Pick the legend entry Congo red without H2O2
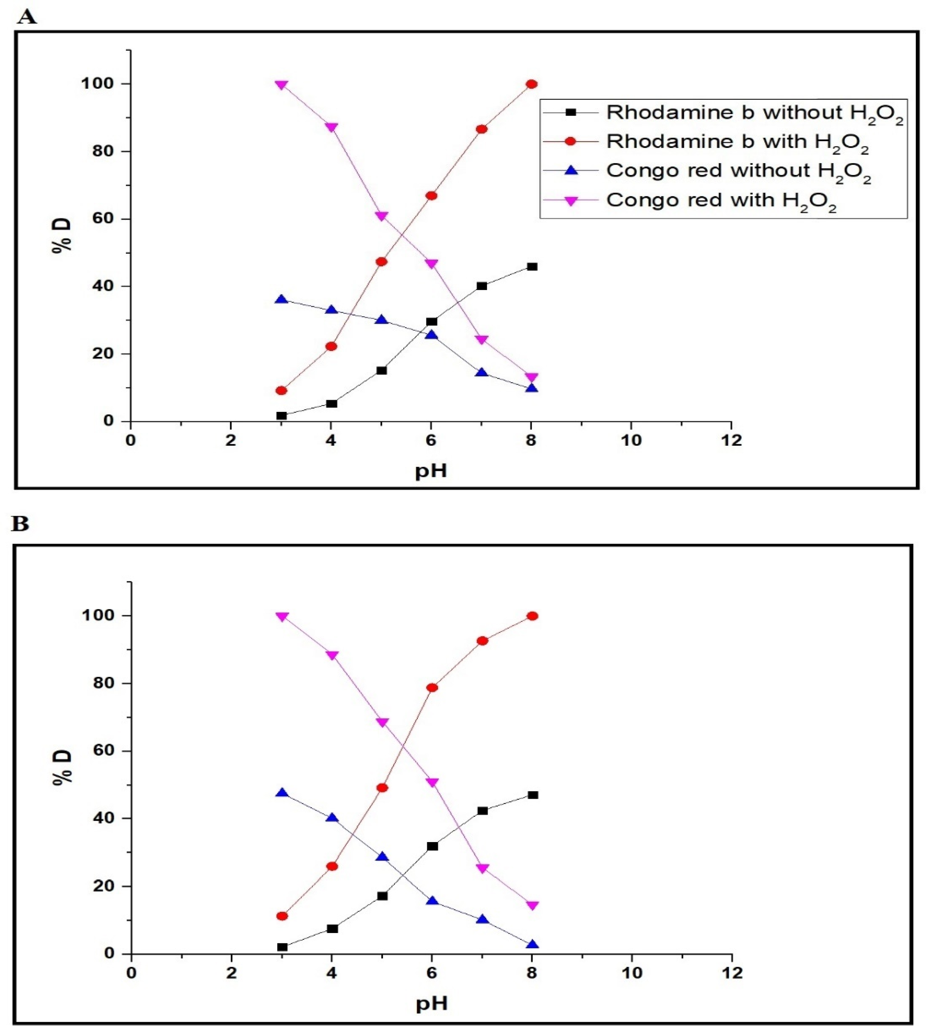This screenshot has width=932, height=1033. [738, 170]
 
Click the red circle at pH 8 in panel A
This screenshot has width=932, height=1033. [531, 84]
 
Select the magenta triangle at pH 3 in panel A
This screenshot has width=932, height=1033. [281, 84]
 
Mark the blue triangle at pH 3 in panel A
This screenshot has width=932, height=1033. [281, 299]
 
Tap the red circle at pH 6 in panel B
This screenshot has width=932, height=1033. [432, 688]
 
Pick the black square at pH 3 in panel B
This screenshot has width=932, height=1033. [282, 947]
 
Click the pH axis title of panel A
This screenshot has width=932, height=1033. [431, 470]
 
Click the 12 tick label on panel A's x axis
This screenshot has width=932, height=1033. [731, 440]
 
